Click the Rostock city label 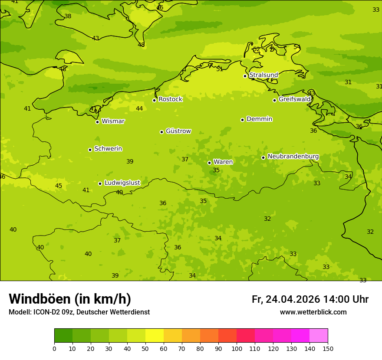coord(170,99)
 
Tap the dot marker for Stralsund coord(245,76)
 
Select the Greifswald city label coord(294,99)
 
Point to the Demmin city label coord(259,119)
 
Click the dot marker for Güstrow coord(161,132)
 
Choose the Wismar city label coord(113,121)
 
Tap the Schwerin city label coord(108,149)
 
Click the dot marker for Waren coord(209,163)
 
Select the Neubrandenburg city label coord(293,157)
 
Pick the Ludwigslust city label coord(122,183)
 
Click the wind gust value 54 coord(297,47)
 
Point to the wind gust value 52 coord(257,49)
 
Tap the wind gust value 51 coord(220,69)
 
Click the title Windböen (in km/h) coord(70,299)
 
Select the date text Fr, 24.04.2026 coord(286,299)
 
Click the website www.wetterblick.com coord(313,312)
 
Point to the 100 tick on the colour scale coord(237,348)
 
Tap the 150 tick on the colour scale coord(327,348)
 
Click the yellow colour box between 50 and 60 coord(155,336)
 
